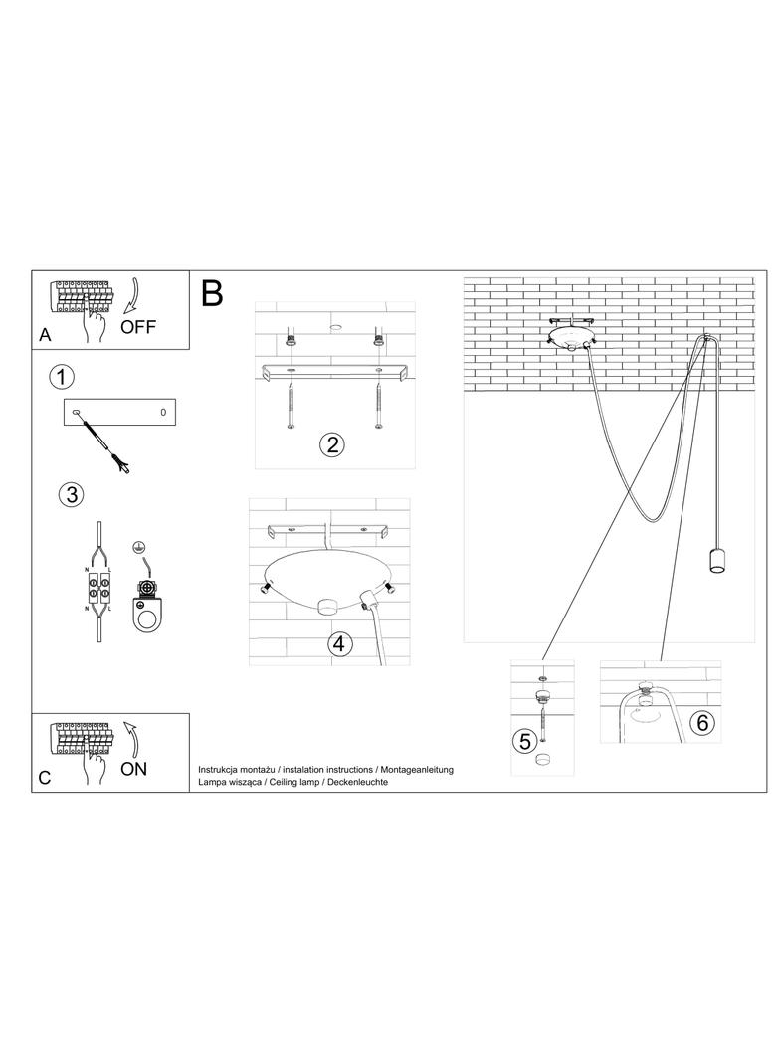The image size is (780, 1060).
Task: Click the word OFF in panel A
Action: click(x=138, y=327)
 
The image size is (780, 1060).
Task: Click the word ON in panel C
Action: click(x=133, y=768)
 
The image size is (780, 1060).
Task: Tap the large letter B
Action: click(x=212, y=293)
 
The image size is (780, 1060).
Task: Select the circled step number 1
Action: click(x=63, y=377)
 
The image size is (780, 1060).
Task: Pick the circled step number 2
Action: click(x=332, y=443)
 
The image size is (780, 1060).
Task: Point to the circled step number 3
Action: click(x=70, y=494)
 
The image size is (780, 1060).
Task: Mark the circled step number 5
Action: click(x=526, y=739)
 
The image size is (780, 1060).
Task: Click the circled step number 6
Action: click(x=702, y=723)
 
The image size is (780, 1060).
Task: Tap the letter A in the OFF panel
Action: click(x=45, y=336)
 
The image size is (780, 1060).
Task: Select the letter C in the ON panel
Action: click(x=45, y=778)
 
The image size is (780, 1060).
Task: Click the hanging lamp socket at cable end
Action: click(x=714, y=562)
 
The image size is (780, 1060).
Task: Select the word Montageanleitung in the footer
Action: click(x=415, y=770)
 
